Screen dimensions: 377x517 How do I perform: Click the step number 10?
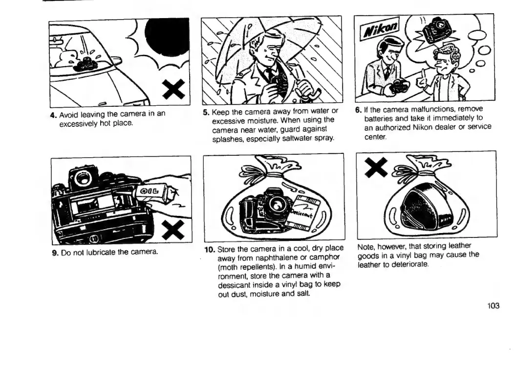(x=209, y=250)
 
